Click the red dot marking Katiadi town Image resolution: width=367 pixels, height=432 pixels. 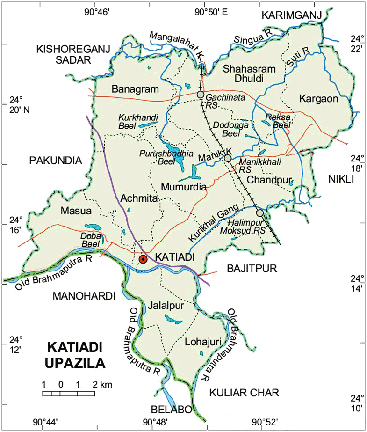coord(144,259)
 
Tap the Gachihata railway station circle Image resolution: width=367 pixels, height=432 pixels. coord(201,95)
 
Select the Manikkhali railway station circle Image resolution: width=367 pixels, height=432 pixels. coord(228,158)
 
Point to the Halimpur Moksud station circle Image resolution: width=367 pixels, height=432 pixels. coord(260,213)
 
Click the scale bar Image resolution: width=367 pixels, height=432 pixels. coord(69,393)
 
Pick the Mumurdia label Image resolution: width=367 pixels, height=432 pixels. coord(184,187)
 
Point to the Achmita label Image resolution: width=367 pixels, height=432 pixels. coord(139,199)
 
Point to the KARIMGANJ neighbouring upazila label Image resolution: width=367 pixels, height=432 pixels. coord(292,16)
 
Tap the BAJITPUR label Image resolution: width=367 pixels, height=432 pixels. coord(252,268)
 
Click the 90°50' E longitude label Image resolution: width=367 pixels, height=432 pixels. coord(211,12)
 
